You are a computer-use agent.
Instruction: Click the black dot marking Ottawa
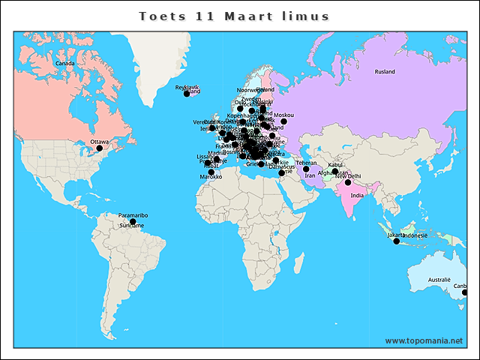pos(99,148)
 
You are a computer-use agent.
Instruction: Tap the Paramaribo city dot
pos(133,222)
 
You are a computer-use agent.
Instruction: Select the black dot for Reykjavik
pos(187,94)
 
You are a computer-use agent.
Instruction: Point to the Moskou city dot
pos(283,121)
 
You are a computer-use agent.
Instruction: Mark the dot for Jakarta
pos(397,241)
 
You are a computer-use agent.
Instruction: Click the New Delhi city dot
pos(348,182)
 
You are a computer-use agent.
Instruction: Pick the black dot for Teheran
pos(306,169)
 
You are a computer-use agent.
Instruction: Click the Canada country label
pos(65,64)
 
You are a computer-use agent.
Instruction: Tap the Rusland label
pos(385,72)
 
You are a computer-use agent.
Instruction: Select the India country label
pos(357,195)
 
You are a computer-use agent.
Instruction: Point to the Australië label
pos(439,280)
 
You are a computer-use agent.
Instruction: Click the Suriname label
pos(131,226)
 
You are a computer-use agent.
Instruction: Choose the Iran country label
pos(310,175)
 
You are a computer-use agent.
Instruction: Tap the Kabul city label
pos(335,163)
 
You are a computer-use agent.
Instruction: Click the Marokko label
pos(211,177)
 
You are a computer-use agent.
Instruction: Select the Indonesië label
pos(415,235)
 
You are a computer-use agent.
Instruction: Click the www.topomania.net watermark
pos(424,340)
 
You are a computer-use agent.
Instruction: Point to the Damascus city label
pos(281,166)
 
